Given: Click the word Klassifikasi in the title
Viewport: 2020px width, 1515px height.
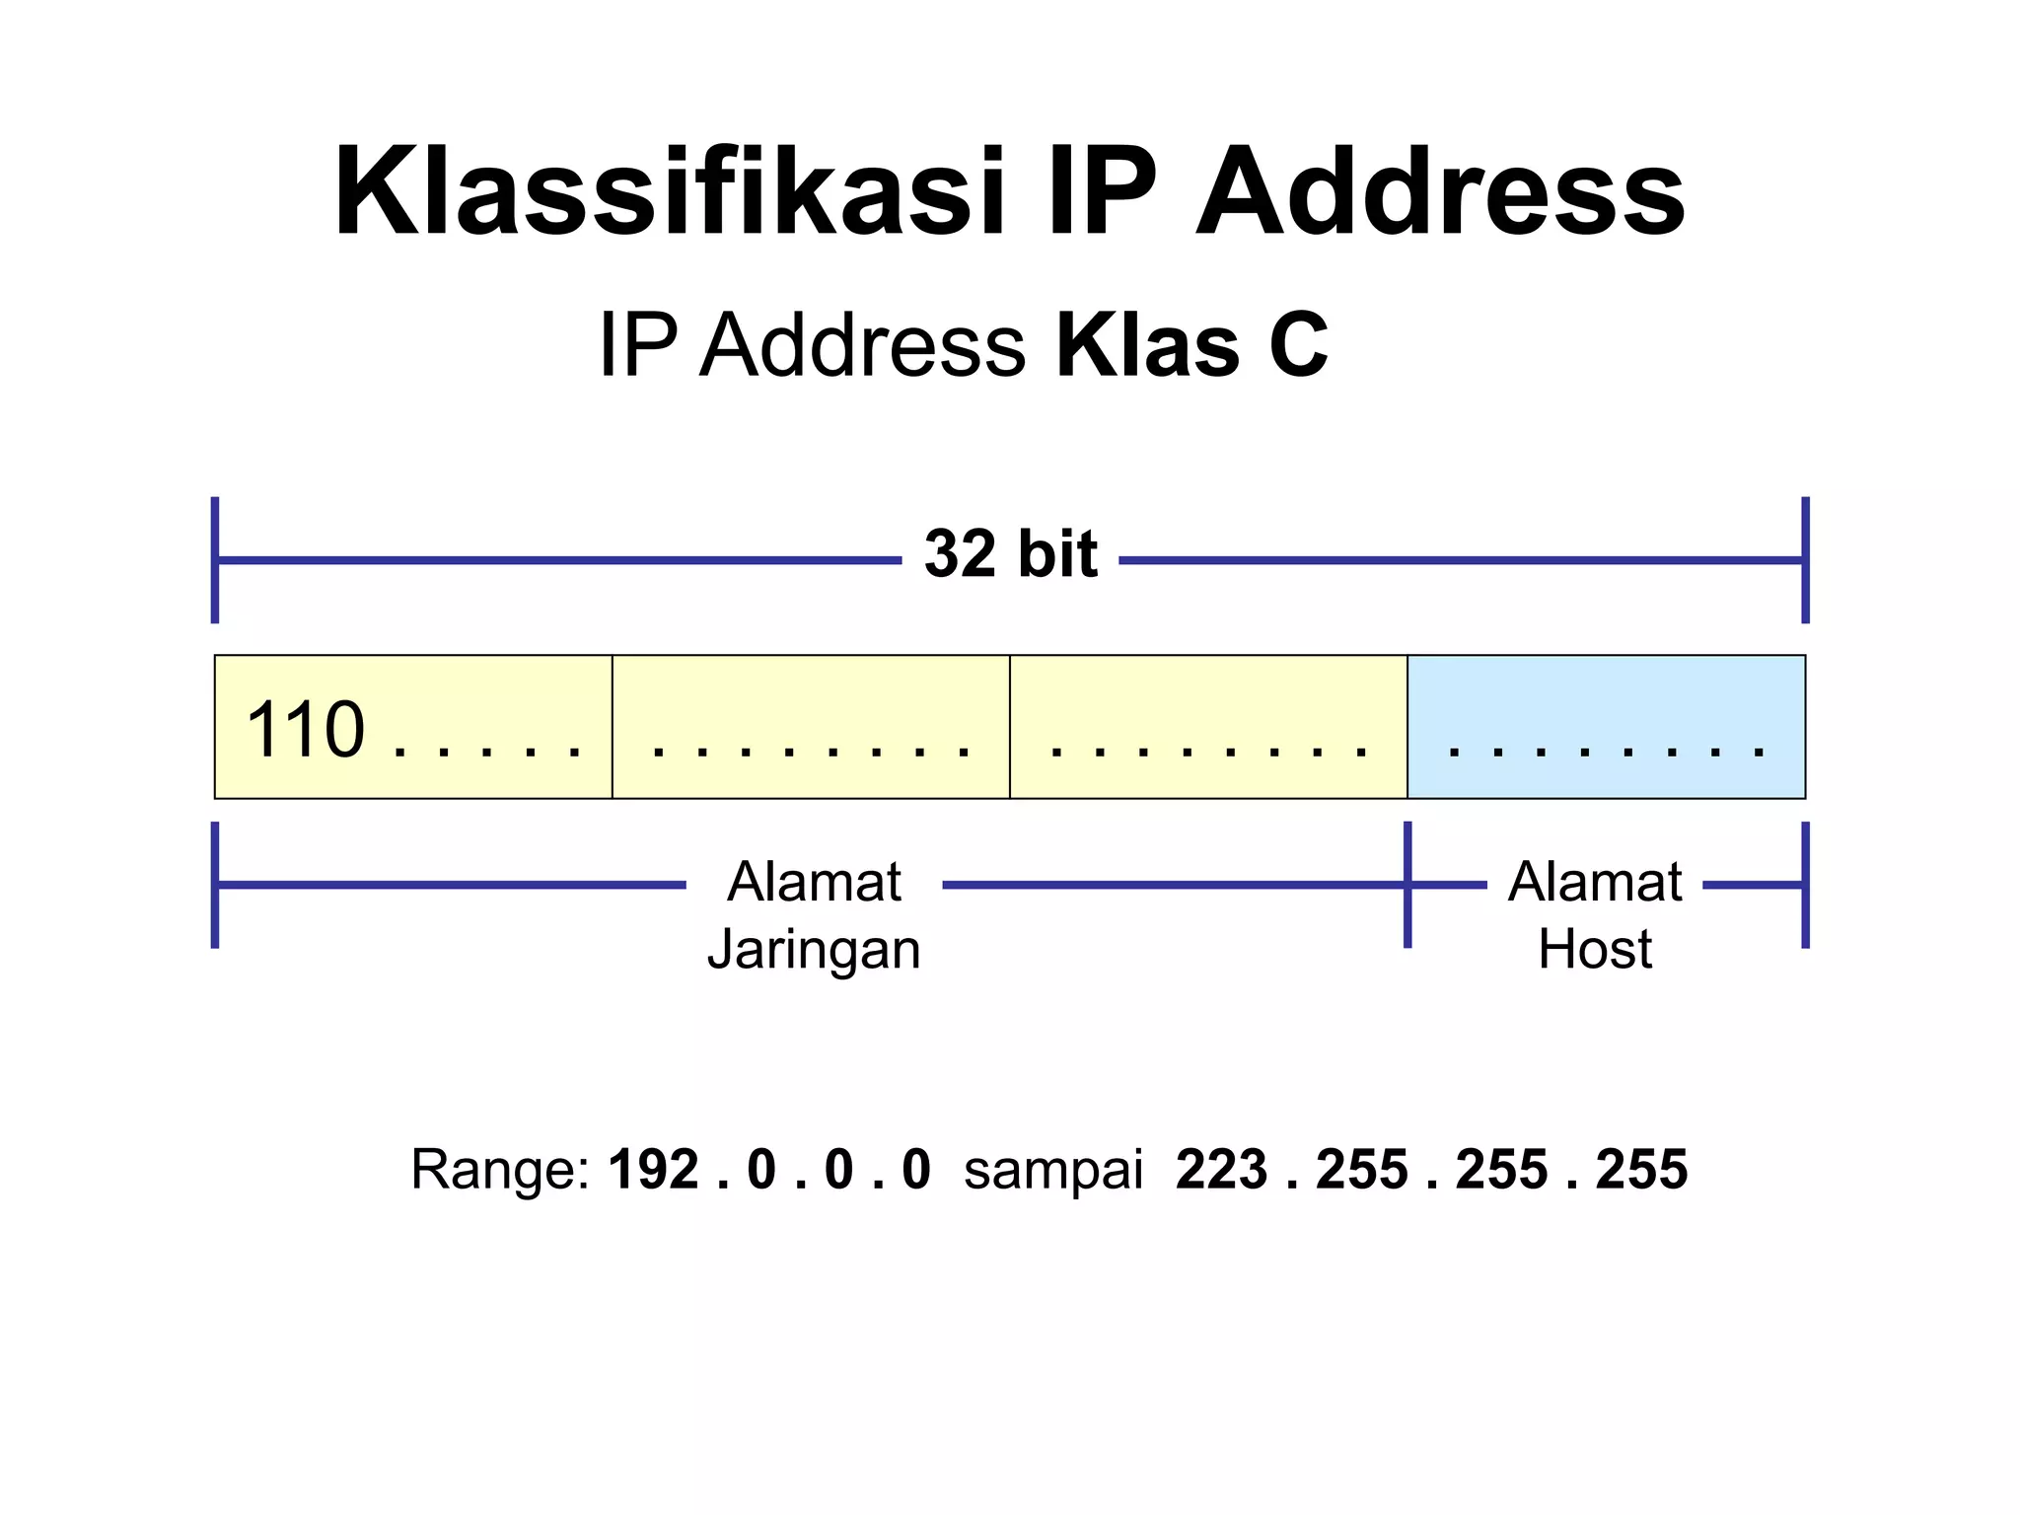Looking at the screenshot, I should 669,192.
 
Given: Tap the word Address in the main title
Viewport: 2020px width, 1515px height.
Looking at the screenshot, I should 1440,192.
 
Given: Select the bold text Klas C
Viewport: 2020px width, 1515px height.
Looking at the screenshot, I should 1191,345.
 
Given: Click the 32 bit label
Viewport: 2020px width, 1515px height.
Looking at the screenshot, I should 1010,554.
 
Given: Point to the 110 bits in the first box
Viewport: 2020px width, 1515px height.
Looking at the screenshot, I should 305,730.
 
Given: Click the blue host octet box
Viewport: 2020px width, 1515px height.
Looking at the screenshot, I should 1606,727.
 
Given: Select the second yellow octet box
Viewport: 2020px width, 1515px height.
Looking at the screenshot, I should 811,727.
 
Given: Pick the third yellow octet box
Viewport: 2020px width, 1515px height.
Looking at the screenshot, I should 1208,727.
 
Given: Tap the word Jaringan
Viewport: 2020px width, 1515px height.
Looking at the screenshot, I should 814,950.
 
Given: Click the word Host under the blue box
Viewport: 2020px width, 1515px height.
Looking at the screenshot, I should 1595,950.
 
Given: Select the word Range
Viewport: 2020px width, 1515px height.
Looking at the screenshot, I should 498,1171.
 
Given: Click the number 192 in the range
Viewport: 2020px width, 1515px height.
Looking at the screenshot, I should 653,1171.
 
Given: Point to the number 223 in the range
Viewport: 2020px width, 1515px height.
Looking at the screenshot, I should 1221,1171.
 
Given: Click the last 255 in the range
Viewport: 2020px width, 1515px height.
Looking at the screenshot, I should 1641,1171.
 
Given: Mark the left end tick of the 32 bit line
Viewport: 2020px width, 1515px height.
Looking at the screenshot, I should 215,560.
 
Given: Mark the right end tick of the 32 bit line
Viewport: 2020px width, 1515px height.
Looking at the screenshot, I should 1805,560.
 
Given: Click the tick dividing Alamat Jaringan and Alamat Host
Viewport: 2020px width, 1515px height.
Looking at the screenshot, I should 1407,885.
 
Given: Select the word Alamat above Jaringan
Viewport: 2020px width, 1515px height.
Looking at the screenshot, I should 814,882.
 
